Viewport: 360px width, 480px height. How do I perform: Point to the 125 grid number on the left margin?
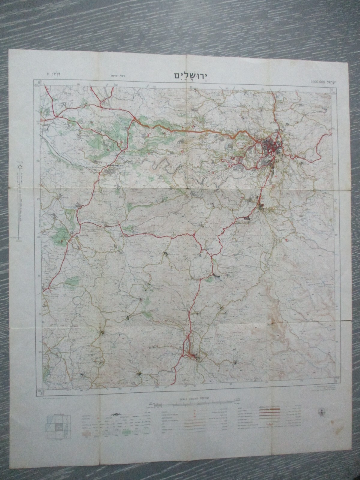pos(38,199)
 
